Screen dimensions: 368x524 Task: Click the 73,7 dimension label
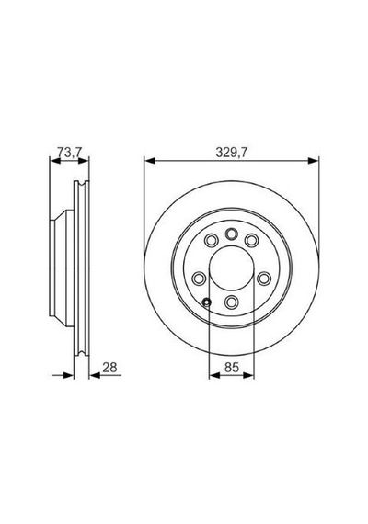point(70,153)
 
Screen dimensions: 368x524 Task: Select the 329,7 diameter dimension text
point(232,153)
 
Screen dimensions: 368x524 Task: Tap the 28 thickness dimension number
point(109,368)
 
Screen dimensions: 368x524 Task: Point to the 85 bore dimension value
point(232,368)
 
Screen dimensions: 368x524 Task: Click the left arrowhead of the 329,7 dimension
point(150,161)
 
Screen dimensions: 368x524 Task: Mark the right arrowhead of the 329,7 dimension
point(314,161)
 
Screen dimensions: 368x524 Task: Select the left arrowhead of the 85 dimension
point(214,376)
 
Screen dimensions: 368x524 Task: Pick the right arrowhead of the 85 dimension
point(248,376)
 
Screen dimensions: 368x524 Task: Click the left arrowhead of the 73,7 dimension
point(55,161)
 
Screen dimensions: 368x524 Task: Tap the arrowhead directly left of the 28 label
point(95,376)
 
